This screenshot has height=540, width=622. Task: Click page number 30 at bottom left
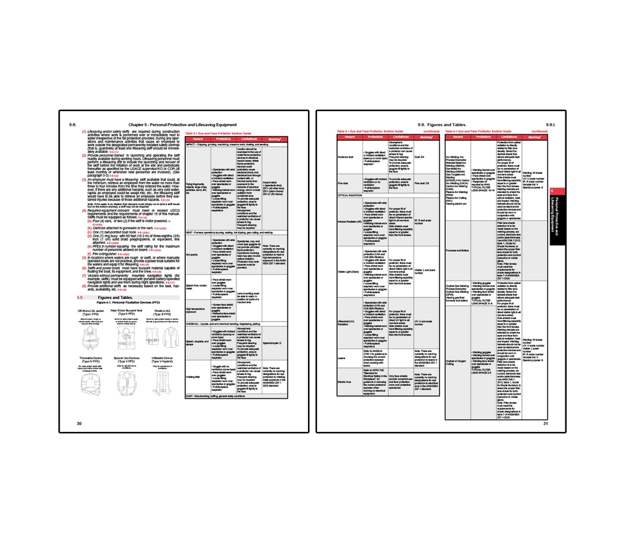tap(79, 423)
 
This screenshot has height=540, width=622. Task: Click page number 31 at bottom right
tap(546, 423)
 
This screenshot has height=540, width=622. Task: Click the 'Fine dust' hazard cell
tap(344, 183)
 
